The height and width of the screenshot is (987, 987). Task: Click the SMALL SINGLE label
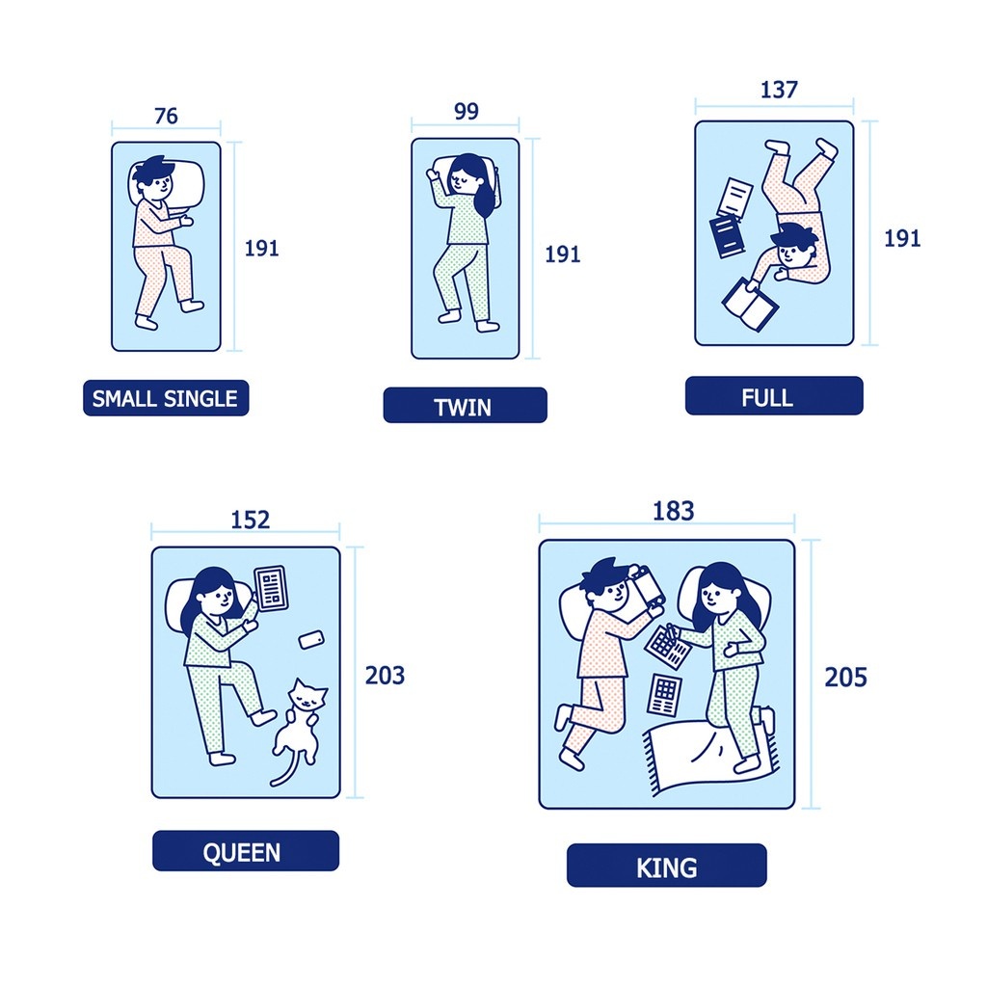pyautogui.click(x=166, y=398)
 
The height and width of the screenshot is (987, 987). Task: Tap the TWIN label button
pyautogui.click(x=466, y=406)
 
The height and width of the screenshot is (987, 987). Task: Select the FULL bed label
pyautogui.click(x=774, y=396)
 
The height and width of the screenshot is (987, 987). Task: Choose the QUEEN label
pyautogui.click(x=246, y=851)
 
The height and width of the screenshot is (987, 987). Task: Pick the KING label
pyautogui.click(x=667, y=866)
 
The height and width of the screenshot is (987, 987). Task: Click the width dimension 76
pyautogui.click(x=166, y=116)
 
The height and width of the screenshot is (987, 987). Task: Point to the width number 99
pyautogui.click(x=467, y=111)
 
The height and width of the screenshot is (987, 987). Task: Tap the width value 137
pyautogui.click(x=779, y=90)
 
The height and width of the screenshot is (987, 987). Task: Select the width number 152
pyautogui.click(x=250, y=520)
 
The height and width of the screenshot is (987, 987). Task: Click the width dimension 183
pyautogui.click(x=673, y=511)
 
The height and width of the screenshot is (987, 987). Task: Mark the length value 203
pyautogui.click(x=385, y=676)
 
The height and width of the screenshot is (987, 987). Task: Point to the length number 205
pyautogui.click(x=845, y=678)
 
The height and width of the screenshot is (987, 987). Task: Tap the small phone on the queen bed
pyautogui.click(x=311, y=640)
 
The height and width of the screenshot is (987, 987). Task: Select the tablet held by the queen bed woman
pyautogui.click(x=271, y=588)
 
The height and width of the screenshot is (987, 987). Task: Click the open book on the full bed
pyautogui.click(x=750, y=305)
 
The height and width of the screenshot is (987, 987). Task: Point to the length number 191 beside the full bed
pyautogui.click(x=902, y=239)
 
